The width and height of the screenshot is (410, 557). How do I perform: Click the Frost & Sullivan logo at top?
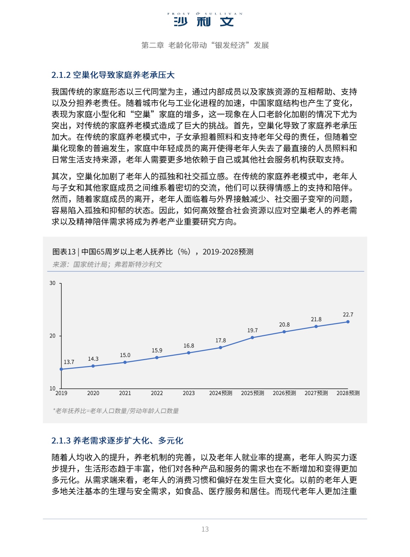pos(205,20)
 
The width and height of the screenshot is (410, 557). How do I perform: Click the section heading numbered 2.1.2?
pos(113,75)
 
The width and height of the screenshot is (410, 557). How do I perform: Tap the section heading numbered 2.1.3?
pos(117,441)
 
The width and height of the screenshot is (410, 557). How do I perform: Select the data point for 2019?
pos(61,369)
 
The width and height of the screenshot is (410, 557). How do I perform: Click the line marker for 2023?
pos(189,353)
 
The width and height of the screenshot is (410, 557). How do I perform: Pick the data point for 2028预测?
pos(348,322)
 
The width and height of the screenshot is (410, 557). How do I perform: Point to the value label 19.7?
pos(252,330)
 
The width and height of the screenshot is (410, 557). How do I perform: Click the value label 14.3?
pos(93,359)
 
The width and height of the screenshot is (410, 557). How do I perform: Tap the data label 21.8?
pos(316,319)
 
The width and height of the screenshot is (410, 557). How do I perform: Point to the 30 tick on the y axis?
pos(53,283)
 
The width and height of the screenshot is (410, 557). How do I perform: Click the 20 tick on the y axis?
pos(53,336)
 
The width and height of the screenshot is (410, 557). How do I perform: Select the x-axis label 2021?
pos(125,393)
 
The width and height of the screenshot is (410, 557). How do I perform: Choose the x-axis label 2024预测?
pos(221,393)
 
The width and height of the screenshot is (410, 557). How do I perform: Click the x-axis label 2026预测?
pos(284,393)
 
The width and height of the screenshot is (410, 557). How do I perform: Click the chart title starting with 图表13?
pos(153,252)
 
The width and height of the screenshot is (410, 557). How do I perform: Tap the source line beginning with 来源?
pos(107,264)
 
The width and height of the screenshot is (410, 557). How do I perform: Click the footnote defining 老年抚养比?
pos(116,411)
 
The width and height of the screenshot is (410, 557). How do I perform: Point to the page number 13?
pos(205,529)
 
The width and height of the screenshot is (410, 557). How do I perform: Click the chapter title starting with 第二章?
pos(205,45)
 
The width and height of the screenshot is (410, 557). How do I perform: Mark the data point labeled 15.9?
pos(157,357)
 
